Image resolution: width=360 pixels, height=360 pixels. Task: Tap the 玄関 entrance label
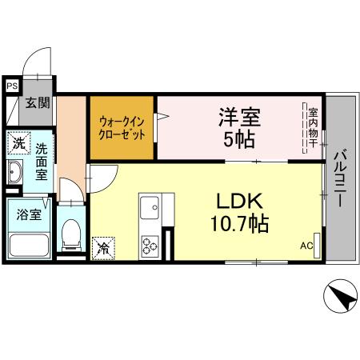tap(36, 102)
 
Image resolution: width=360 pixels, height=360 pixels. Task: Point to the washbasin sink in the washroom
tap(16, 173)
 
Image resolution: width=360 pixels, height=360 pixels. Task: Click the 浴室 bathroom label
tap(19, 214)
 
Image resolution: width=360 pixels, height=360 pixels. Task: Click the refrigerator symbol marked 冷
tap(103, 248)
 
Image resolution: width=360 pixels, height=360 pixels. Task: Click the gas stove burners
tap(150, 243)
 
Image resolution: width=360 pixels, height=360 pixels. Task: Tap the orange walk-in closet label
tap(122, 128)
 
